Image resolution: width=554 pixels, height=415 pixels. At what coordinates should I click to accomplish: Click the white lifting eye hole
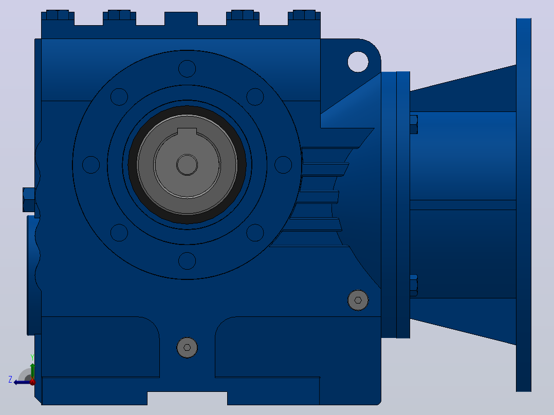(x=358, y=62)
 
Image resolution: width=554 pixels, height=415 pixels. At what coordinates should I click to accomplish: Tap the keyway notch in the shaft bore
(x=187, y=131)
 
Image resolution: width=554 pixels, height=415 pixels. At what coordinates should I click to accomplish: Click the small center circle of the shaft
(x=187, y=164)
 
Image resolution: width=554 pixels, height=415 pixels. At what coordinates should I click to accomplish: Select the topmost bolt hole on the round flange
(x=187, y=68)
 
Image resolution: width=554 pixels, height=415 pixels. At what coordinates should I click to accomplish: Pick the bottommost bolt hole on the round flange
(x=187, y=261)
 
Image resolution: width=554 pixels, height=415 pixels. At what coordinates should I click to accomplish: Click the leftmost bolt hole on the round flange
(x=91, y=164)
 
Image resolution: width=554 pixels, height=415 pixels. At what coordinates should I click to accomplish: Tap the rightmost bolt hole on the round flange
(x=283, y=164)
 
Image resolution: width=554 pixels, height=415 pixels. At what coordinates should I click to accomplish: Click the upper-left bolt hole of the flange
(x=119, y=97)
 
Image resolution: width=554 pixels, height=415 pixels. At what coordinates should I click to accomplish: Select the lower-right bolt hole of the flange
(x=255, y=233)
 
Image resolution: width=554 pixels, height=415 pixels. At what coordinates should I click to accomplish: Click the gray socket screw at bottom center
(x=187, y=348)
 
